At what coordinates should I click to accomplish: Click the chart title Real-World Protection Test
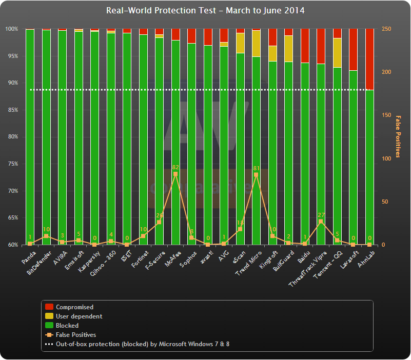click(x=205, y=10)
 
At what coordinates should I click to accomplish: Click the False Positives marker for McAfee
click(x=175, y=174)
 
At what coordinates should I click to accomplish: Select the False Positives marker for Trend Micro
click(x=256, y=175)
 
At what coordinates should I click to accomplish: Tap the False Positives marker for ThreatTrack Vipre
click(x=321, y=222)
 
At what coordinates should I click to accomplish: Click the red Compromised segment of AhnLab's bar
click(x=369, y=59)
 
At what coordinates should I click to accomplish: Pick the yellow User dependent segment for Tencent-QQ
click(x=337, y=53)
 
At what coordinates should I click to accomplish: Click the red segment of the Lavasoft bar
click(x=353, y=49)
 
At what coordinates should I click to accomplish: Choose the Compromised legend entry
click(x=74, y=307)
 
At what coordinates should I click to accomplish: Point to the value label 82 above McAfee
click(x=175, y=167)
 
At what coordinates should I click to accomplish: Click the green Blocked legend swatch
click(x=49, y=326)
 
